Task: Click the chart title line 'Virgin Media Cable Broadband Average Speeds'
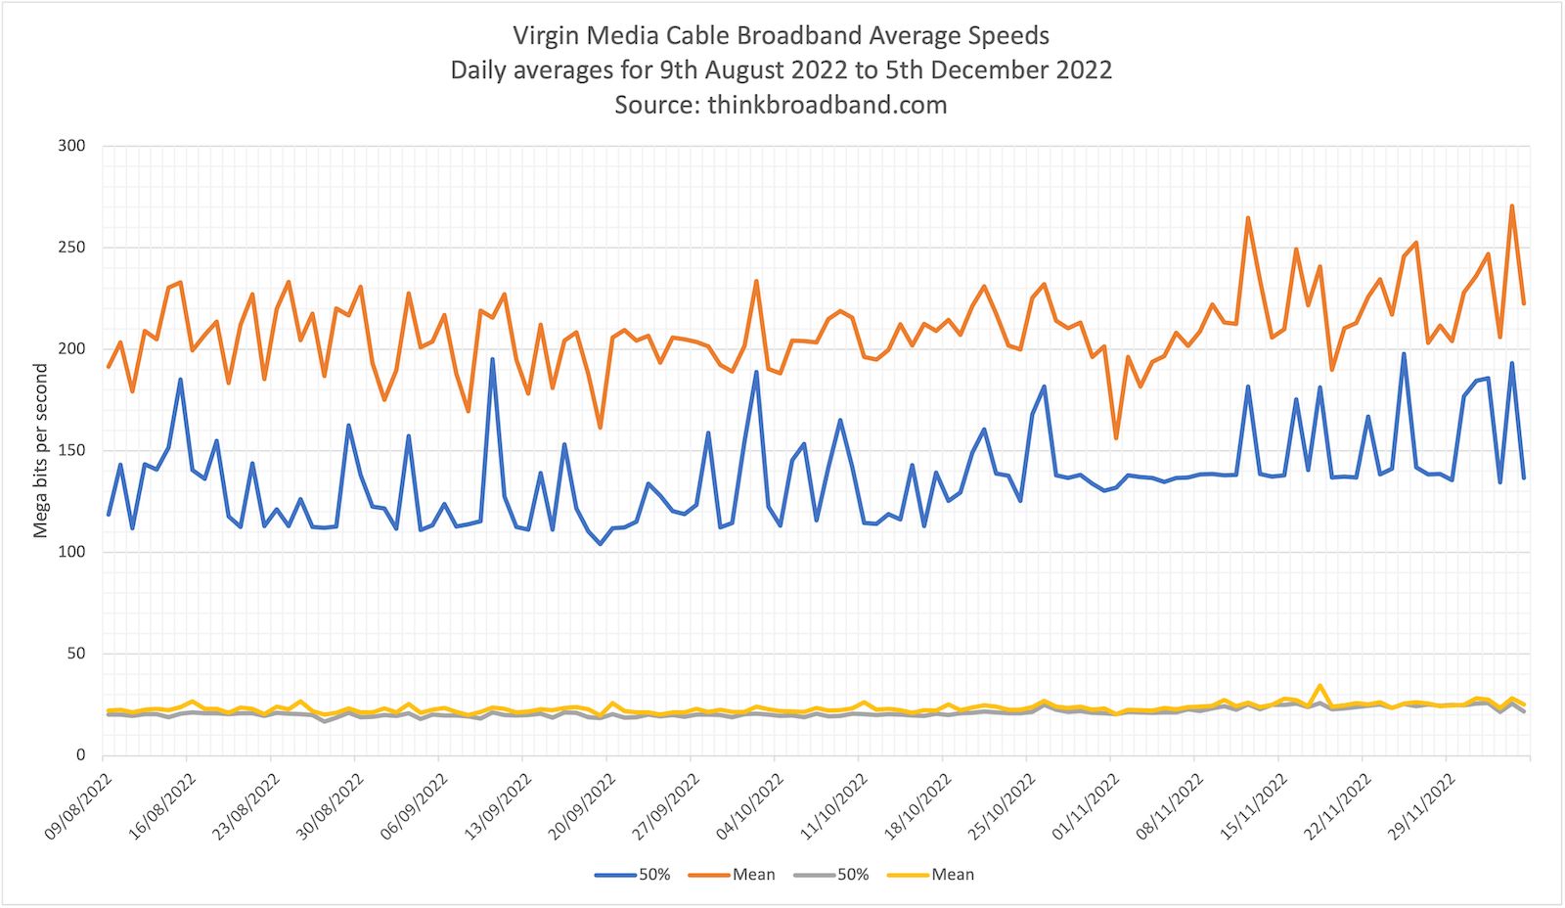pos(781,36)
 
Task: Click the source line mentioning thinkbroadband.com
pos(781,105)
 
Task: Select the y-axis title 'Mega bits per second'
pos(40,450)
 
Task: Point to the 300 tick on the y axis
pos(72,146)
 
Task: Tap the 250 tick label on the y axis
pos(72,248)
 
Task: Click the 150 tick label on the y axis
pos(72,451)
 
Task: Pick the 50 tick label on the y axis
pos(76,654)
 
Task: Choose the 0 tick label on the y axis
pos(81,755)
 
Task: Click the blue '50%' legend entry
pos(633,875)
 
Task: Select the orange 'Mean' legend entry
pos(733,875)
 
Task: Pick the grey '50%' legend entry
pos(831,875)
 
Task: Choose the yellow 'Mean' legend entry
pos(931,875)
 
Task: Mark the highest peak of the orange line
pos(1511,206)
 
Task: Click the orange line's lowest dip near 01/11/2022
pos(1116,437)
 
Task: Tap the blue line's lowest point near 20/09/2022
pos(601,544)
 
